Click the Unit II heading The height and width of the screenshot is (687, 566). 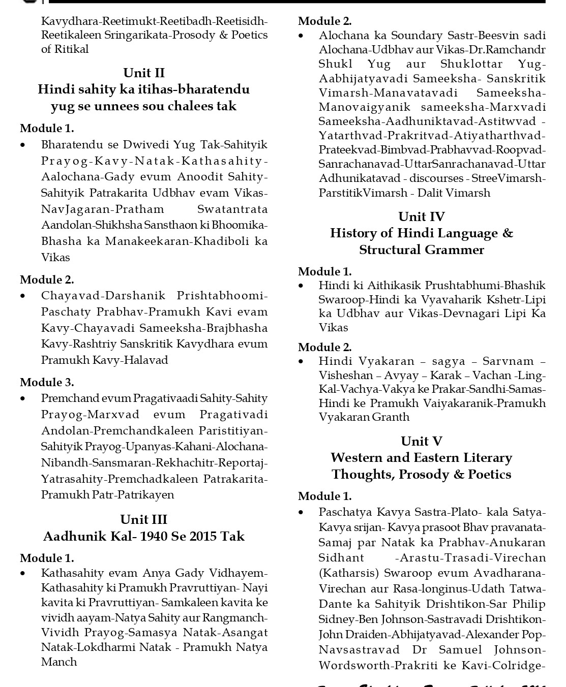point(144,73)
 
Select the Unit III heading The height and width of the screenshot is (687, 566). point(144,520)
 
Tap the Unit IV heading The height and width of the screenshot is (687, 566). point(422,217)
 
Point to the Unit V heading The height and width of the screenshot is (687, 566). point(422,442)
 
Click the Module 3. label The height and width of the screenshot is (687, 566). point(47,382)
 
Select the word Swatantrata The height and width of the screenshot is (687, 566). point(232,209)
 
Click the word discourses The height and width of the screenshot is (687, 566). point(436,178)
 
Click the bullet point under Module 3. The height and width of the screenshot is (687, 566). point(23,399)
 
